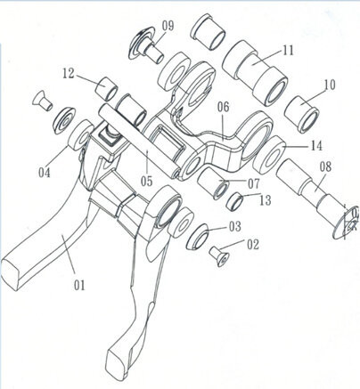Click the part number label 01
point(79,286)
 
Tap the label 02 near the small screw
point(253,245)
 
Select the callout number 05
point(146,181)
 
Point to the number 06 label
point(223,107)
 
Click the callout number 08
point(325,166)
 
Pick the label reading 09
point(168,26)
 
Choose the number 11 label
point(288,51)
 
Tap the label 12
point(69,74)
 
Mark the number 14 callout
point(316,145)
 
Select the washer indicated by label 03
point(197,237)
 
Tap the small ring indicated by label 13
point(235,201)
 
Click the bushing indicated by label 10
point(302,114)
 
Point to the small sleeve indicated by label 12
point(107,88)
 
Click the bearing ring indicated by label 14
point(268,155)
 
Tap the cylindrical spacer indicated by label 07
point(213,183)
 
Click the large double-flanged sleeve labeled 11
point(255,73)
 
